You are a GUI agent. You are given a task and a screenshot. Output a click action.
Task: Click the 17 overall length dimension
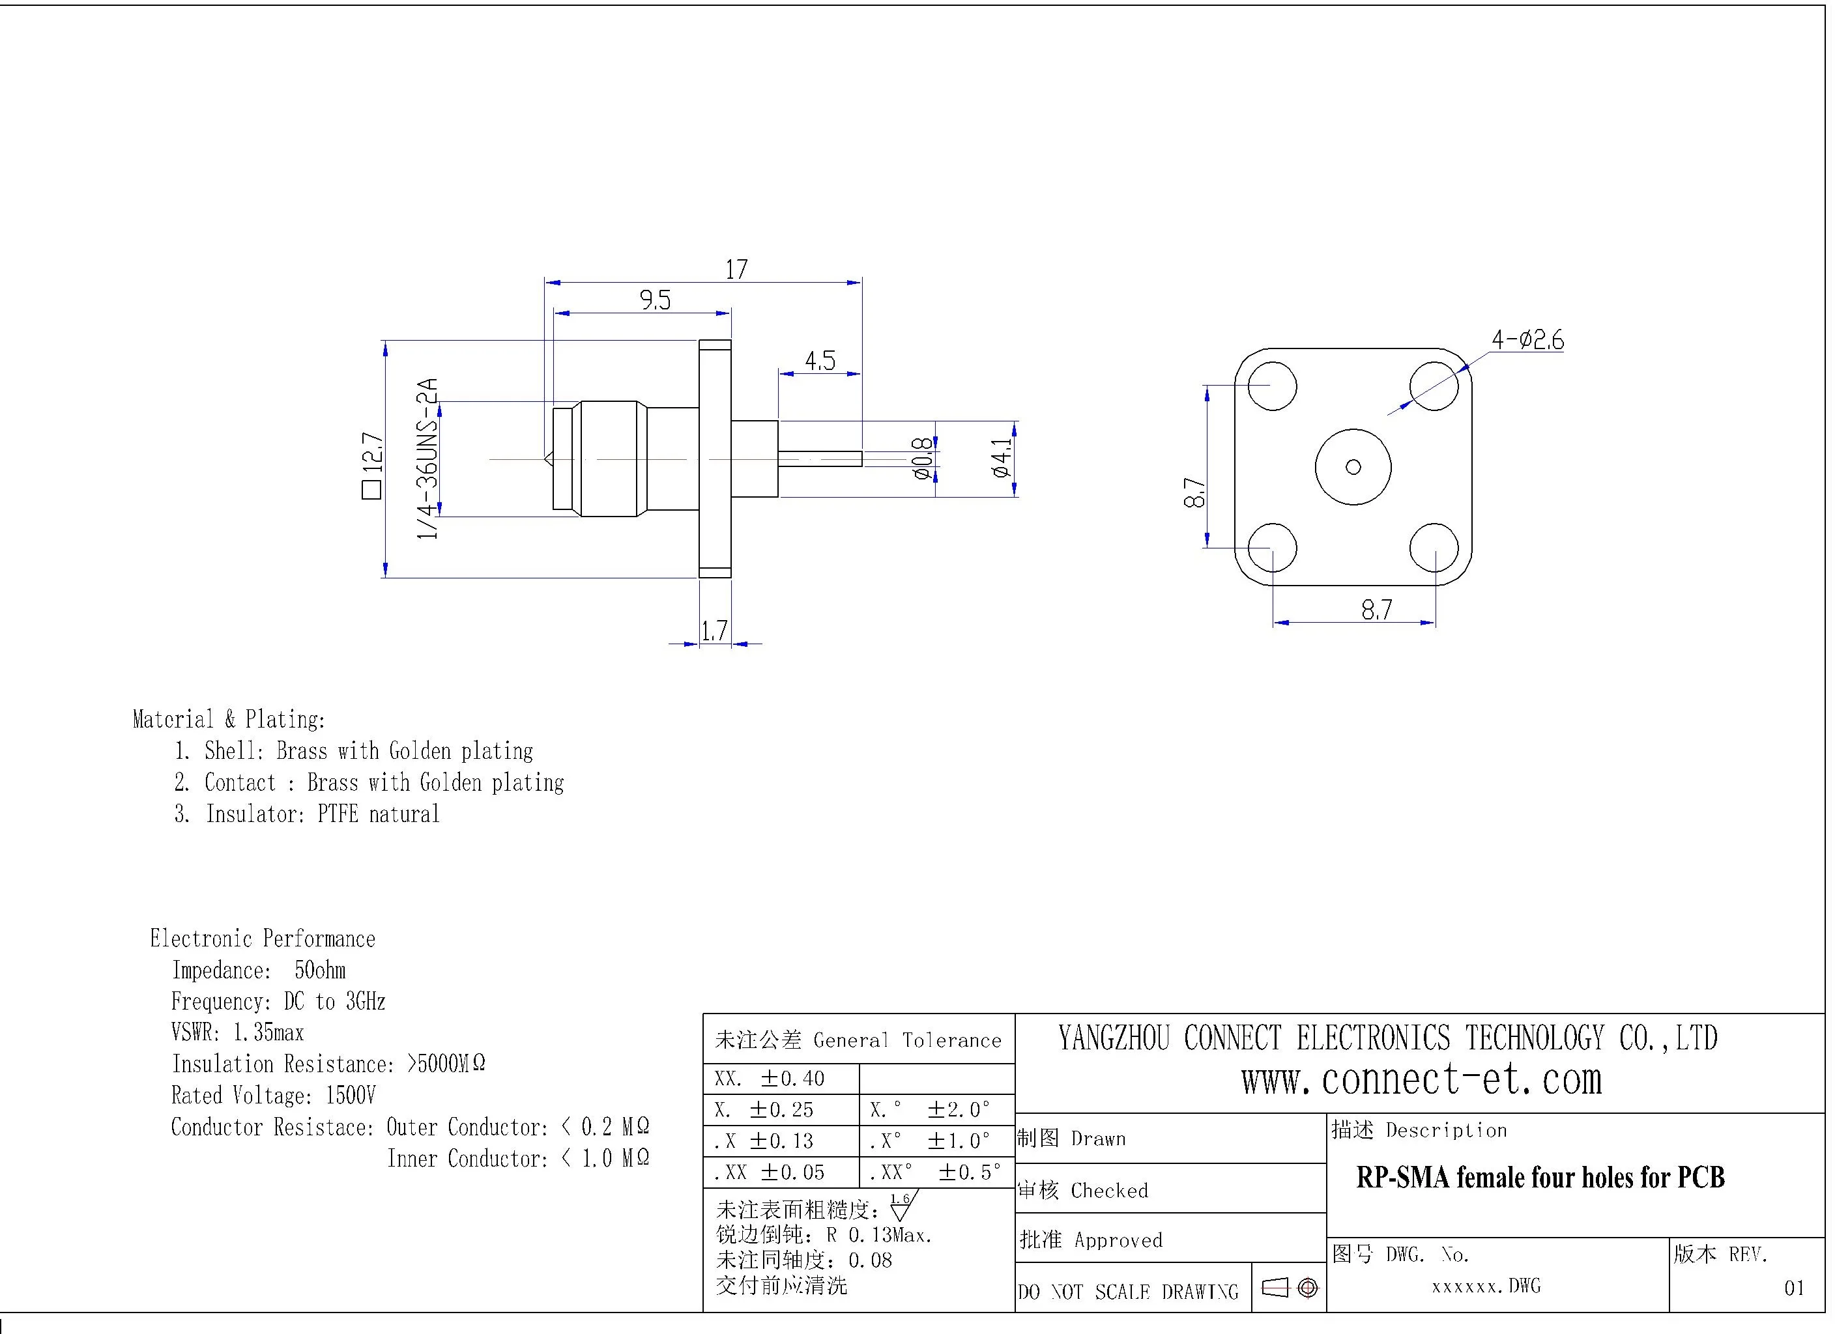coord(736,270)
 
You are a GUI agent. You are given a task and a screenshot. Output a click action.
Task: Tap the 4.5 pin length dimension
coord(820,361)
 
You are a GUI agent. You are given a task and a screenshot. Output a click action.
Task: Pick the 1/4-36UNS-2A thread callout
coord(427,458)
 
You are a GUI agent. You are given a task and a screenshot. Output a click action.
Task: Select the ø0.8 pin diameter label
coord(921,459)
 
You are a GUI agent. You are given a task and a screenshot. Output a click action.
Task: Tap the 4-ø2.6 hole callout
coord(1527,340)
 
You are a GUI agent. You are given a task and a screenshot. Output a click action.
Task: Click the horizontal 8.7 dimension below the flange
coord(1376,609)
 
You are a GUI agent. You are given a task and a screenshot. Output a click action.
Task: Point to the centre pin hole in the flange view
coord(1353,467)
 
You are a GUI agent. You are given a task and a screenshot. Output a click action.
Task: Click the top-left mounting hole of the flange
coord(1272,386)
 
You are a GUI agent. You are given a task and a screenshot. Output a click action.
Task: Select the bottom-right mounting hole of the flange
coord(1434,548)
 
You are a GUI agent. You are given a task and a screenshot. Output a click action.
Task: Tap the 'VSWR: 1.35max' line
coord(237,1033)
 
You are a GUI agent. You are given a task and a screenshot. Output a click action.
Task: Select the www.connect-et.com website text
coord(1422,1080)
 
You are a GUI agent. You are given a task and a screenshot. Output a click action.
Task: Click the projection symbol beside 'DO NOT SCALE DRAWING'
coord(1290,1288)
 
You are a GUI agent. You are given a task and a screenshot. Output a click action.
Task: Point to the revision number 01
coord(1794,1288)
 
